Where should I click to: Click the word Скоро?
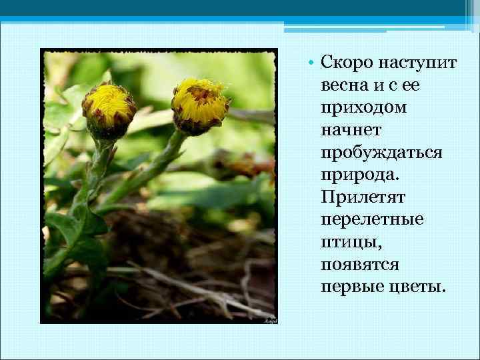(347, 63)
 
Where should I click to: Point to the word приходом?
(355, 108)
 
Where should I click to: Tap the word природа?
(353, 175)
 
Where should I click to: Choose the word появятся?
(359, 265)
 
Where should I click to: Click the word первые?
(345, 287)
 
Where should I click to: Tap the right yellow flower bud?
(199, 105)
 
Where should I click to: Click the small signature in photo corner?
(270, 321)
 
